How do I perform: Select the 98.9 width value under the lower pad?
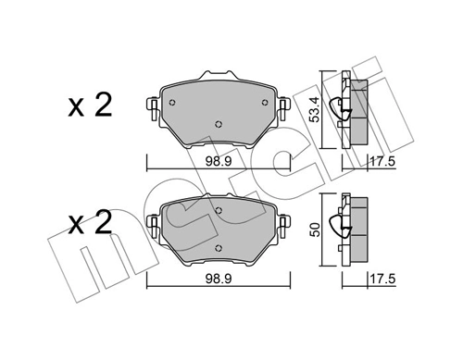click(219, 277)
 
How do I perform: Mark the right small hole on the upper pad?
click(265, 102)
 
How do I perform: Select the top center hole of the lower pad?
click(219, 211)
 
